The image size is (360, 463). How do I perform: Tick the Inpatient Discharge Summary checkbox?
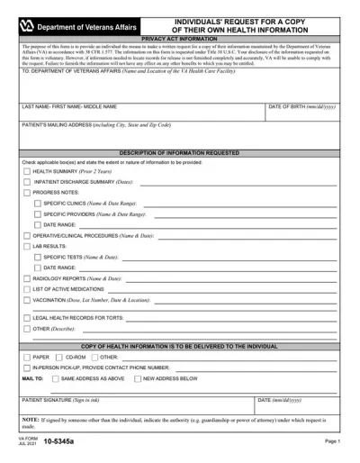26,181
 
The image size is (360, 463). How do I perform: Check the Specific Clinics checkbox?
37,204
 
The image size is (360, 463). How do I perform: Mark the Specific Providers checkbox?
37,214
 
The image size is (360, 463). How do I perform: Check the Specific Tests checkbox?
37,257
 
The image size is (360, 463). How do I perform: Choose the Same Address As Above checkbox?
53,379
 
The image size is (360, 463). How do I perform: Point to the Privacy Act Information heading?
180,40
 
